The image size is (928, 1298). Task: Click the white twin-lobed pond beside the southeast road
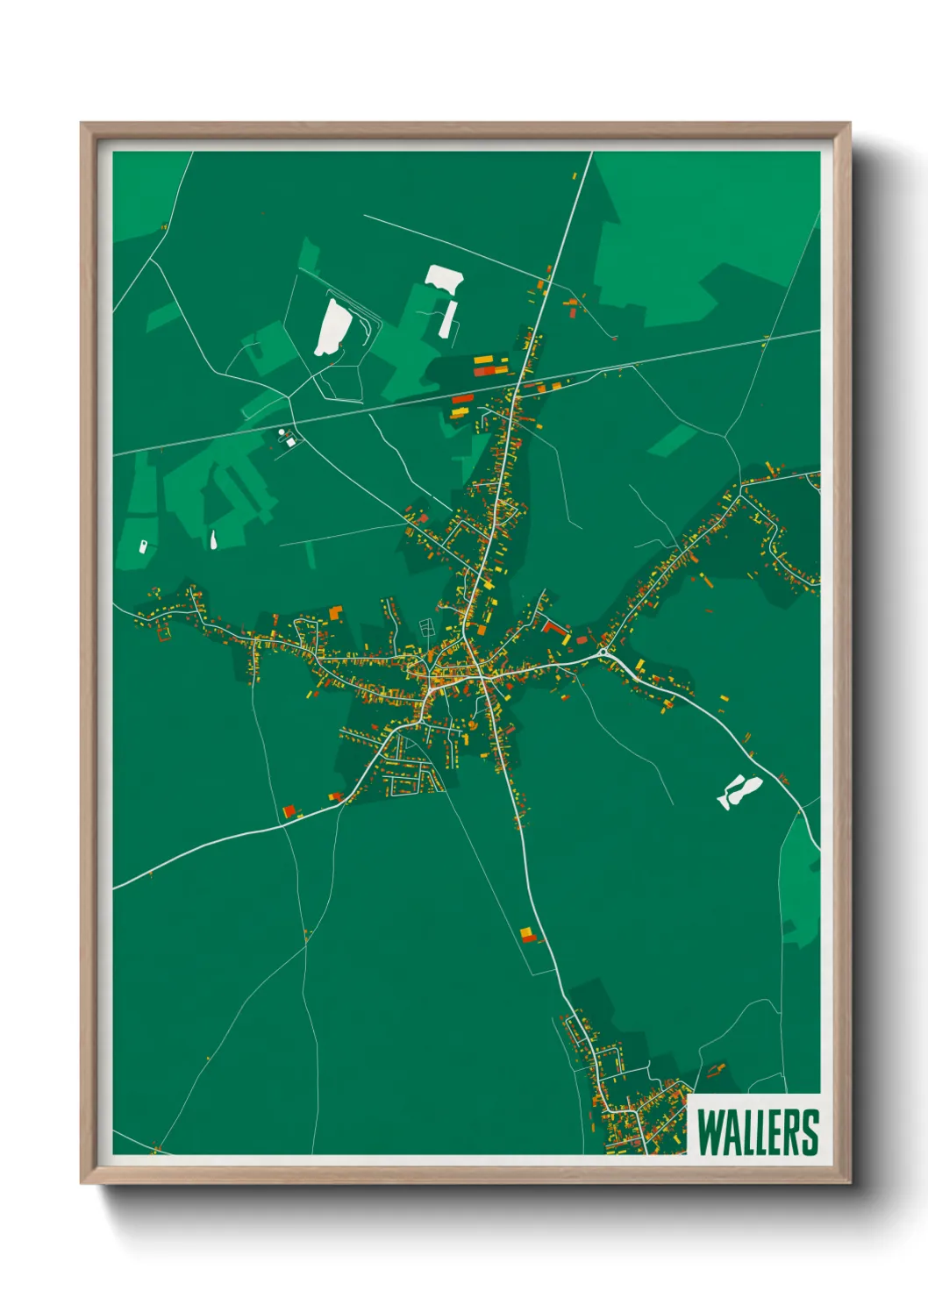739,791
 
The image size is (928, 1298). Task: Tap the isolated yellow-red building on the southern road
527,935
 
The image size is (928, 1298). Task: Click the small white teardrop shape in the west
213,539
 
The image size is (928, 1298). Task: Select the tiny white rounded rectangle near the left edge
143,546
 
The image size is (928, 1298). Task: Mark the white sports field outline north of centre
427,627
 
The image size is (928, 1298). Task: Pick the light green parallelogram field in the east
673,439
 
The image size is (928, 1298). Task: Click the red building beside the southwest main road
289,810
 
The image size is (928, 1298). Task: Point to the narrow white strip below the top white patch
447,319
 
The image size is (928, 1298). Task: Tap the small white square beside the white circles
290,442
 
